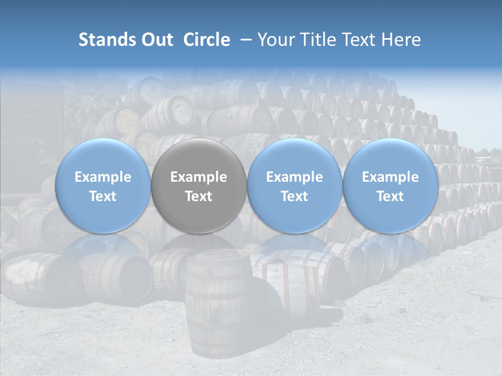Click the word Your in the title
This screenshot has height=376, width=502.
pos(275,40)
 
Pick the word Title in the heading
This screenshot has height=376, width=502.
pos(318,40)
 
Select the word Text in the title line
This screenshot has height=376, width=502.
pos(360,40)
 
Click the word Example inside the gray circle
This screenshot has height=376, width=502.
pos(199,177)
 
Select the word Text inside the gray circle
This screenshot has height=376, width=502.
pos(199,196)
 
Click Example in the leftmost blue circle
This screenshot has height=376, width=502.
pos(103,177)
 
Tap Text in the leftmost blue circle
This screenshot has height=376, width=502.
pos(103,196)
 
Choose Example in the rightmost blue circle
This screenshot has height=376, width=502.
pos(390,177)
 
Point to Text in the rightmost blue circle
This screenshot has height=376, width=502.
pos(390,196)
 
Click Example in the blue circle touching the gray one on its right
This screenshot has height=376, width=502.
pos(294,177)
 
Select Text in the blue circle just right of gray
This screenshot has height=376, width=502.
pos(294,196)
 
